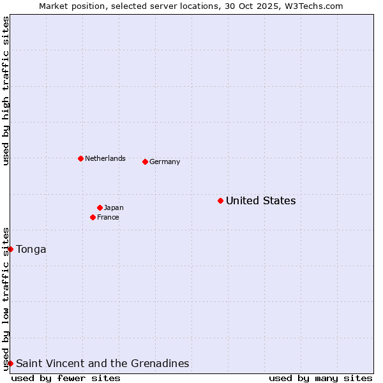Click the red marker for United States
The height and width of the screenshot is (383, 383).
pos(220,201)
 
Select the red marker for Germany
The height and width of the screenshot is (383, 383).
pos(145,161)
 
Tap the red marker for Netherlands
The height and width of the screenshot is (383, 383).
pos(80,158)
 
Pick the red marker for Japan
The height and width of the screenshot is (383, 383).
pos(100,207)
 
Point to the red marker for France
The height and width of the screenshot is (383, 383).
pos(93,218)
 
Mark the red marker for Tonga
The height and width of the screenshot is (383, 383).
pos(11,249)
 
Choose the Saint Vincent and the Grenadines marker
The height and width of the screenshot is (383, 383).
pos(11,363)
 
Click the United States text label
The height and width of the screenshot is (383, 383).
pos(260,201)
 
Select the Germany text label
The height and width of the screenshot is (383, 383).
pos(165,162)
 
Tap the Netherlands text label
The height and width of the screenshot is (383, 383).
pos(105,159)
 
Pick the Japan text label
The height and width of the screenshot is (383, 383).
pos(114,208)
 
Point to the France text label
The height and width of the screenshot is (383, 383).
pos(108,218)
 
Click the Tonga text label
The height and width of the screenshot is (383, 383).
pos(31,250)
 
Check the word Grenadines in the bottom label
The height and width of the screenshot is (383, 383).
pos(161,364)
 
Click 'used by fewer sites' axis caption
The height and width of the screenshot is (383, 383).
pos(66,378)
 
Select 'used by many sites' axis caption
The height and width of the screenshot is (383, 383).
pos(320,378)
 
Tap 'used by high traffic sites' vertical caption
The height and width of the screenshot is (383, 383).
pos(6,91)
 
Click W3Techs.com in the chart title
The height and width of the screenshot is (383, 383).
pos(315,6)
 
